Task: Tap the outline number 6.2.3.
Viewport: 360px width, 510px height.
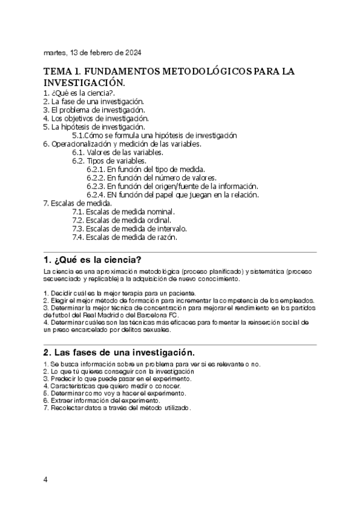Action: [x=97, y=186]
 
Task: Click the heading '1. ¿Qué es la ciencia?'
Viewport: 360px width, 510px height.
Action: [x=93, y=260]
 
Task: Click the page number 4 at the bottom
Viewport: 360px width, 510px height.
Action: [x=46, y=480]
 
